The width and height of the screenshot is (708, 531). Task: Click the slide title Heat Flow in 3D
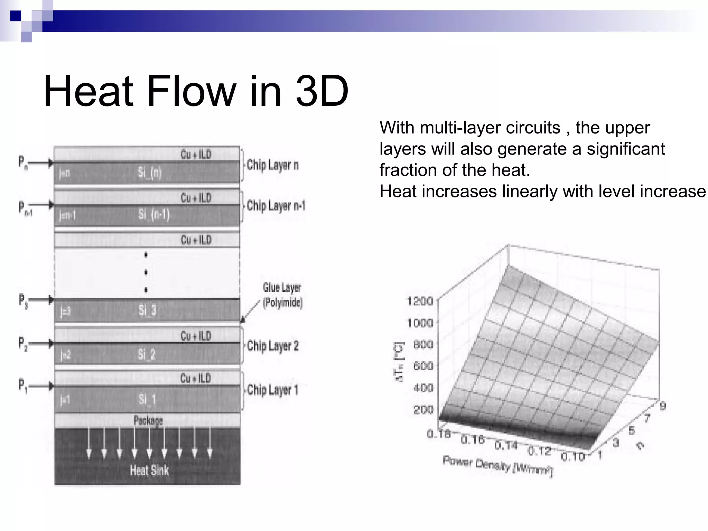click(196, 91)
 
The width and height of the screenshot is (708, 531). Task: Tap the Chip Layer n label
click(272, 165)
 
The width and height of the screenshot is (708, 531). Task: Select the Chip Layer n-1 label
click(276, 206)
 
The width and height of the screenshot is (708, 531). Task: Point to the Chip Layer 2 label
click(273, 346)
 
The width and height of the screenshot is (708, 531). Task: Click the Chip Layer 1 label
click(272, 390)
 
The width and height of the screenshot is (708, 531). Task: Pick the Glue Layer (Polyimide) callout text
click(282, 295)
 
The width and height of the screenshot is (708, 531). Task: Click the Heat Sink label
click(149, 471)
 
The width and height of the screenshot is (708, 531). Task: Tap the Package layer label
click(148, 421)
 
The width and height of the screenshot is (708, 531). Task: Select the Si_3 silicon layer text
click(147, 310)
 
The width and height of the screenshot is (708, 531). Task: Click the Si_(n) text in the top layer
click(150, 172)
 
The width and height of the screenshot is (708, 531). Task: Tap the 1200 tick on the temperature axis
click(420, 301)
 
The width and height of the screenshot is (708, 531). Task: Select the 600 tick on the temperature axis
click(423, 366)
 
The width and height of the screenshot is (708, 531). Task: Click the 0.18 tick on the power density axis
click(438, 434)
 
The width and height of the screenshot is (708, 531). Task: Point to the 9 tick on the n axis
click(662, 406)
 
